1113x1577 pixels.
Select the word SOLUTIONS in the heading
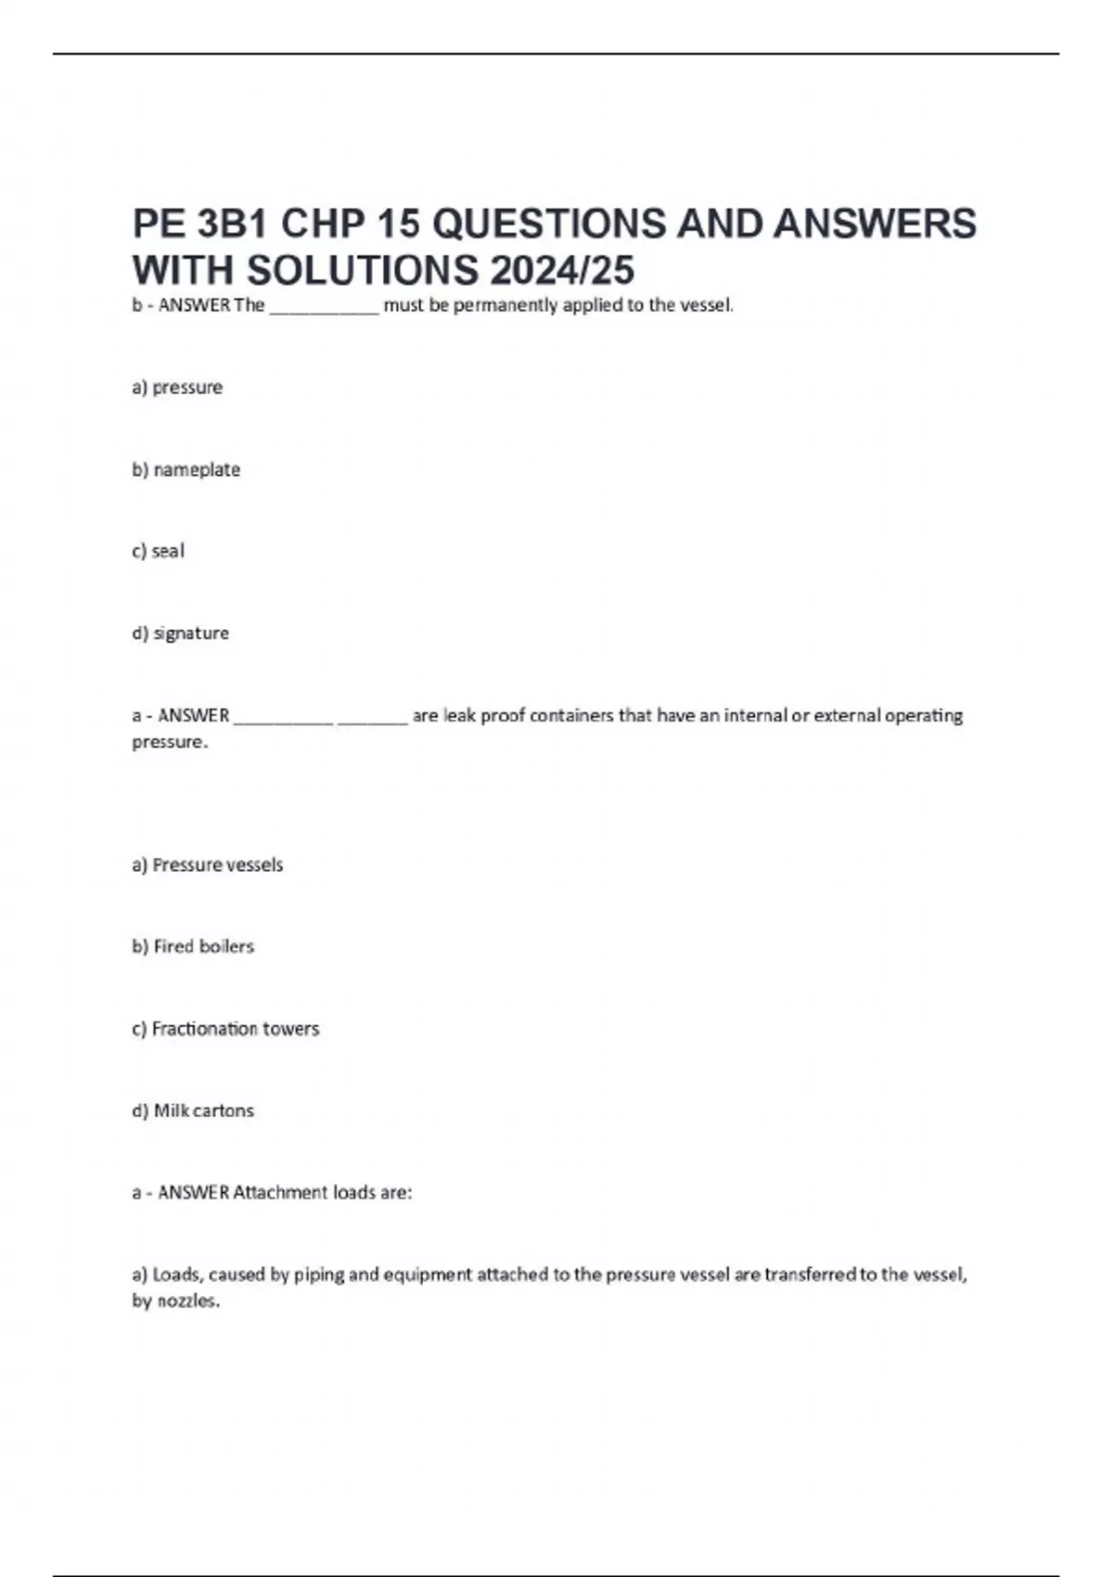click(363, 271)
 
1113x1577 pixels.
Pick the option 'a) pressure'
click(177, 388)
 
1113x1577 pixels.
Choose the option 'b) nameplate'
click(185, 469)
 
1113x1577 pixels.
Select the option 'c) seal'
click(158, 551)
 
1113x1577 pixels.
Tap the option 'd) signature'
click(180, 634)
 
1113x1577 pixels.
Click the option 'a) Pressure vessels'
click(207, 865)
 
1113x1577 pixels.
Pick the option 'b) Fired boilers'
click(192, 946)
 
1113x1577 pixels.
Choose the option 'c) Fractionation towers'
click(225, 1029)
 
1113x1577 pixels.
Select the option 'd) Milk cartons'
click(192, 1110)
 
